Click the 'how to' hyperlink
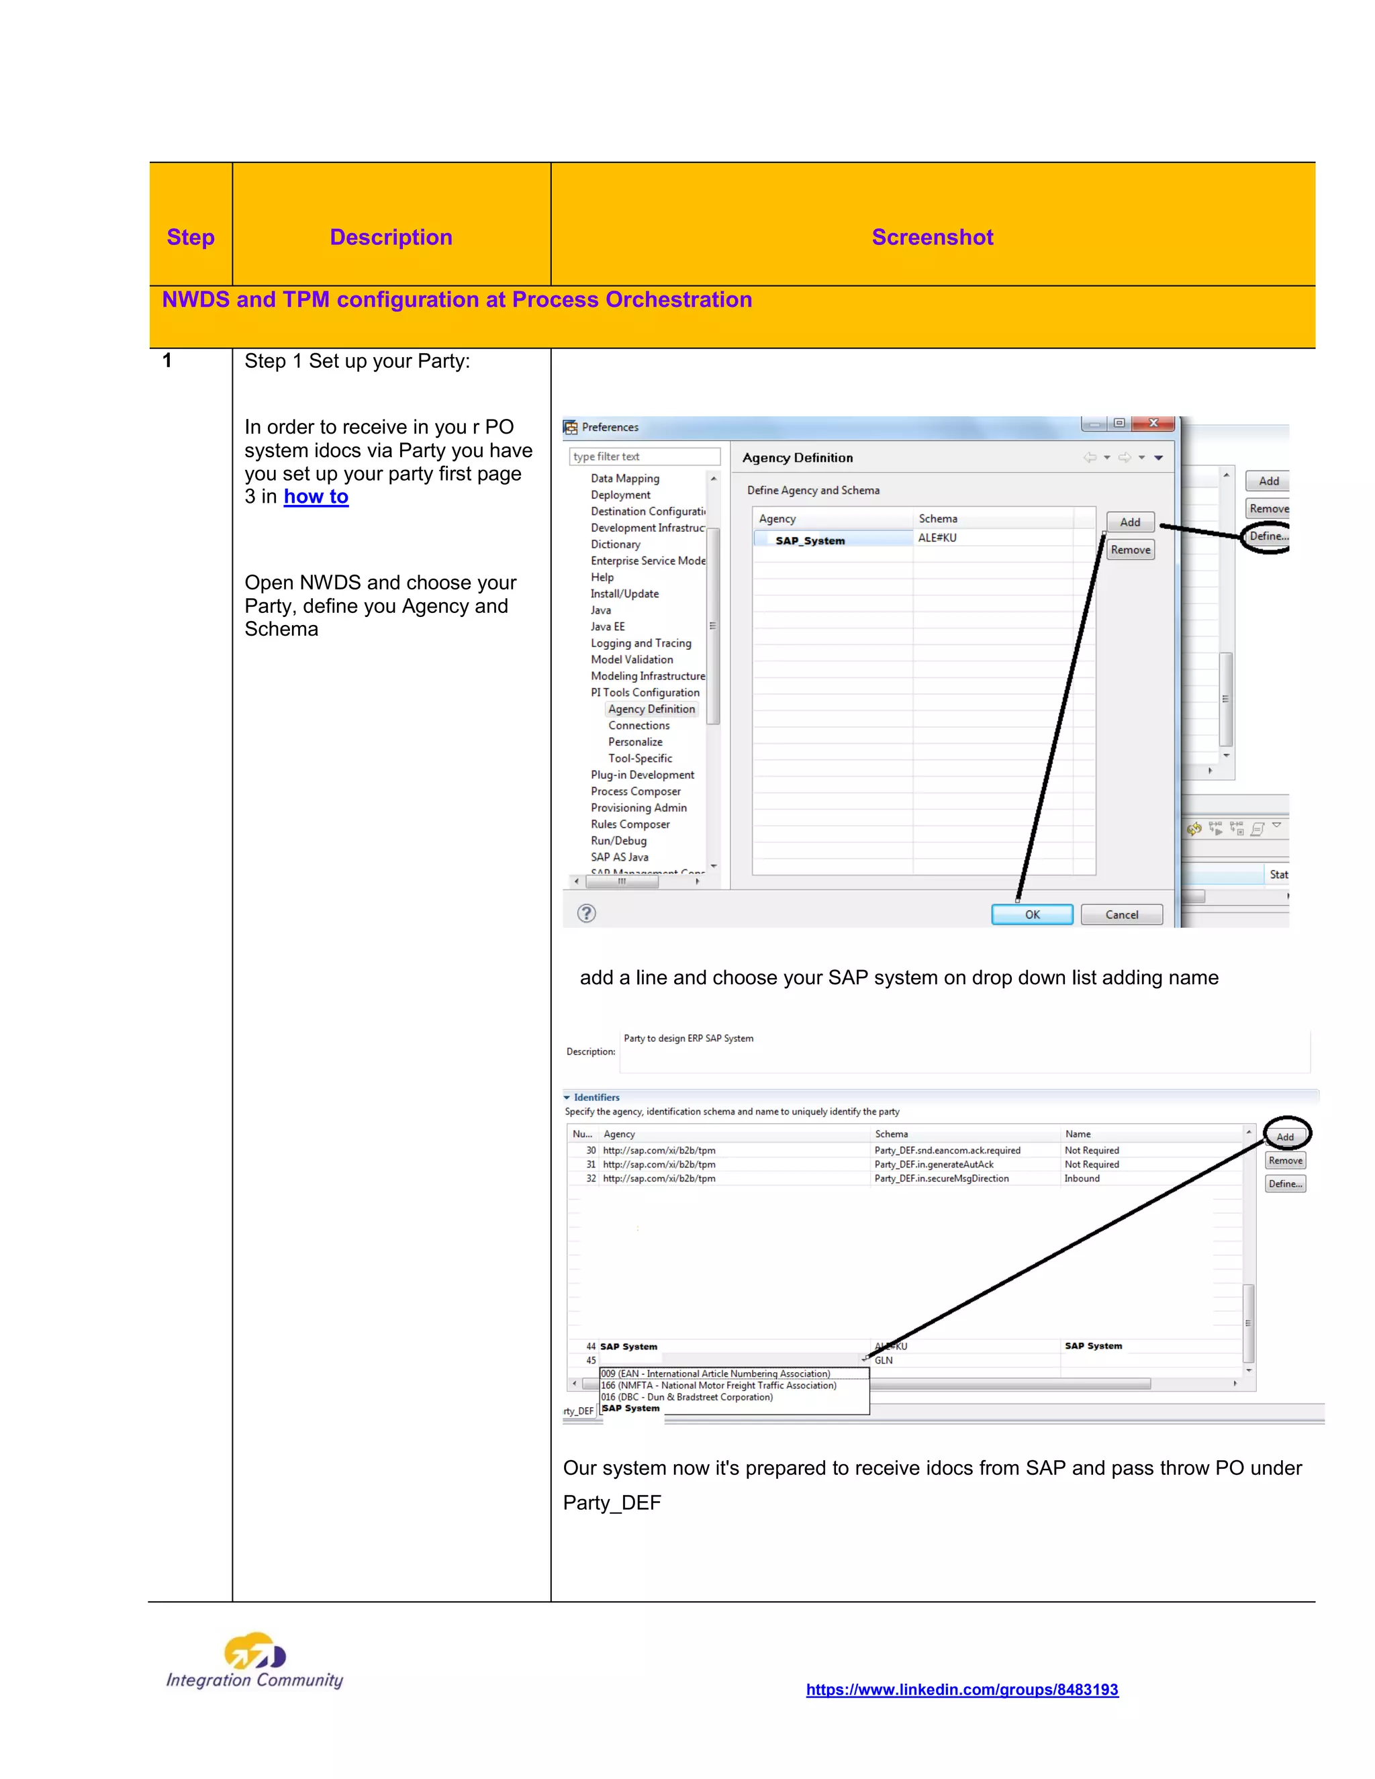click(x=316, y=497)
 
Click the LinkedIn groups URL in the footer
click(x=961, y=1690)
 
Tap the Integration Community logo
click(x=255, y=1662)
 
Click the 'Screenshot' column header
click(x=932, y=237)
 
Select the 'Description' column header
click(x=390, y=237)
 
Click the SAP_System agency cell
click(x=810, y=540)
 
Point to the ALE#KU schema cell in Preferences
click(x=937, y=538)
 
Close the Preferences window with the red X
click(x=1153, y=424)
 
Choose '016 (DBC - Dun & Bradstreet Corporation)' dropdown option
click(x=687, y=1397)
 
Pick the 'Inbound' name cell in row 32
click(x=1082, y=1179)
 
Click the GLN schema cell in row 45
click(x=884, y=1360)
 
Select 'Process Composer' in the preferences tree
click(x=635, y=791)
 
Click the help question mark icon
click(x=585, y=913)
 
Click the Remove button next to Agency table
click(x=1130, y=550)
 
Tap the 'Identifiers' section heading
click(x=596, y=1097)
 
